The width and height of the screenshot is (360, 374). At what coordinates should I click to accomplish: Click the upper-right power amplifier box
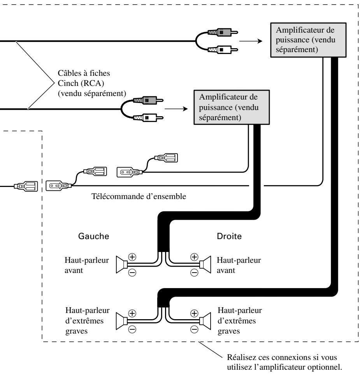(x=308, y=40)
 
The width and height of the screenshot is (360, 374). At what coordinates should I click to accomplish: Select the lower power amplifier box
(x=231, y=107)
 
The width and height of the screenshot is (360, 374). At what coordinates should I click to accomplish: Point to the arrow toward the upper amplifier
(x=251, y=41)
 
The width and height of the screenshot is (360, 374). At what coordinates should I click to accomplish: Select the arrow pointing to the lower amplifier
(x=176, y=109)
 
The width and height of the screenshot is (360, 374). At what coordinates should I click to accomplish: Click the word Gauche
(x=93, y=236)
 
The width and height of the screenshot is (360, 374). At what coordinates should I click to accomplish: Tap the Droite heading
(x=229, y=236)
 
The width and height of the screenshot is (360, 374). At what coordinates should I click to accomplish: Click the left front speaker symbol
(x=121, y=264)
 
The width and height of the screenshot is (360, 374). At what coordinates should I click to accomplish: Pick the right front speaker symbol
(x=205, y=264)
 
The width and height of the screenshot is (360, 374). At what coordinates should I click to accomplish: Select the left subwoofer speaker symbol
(x=121, y=321)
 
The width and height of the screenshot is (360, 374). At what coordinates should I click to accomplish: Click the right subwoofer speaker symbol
(x=205, y=321)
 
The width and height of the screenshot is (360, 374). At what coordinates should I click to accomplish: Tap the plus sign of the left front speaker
(x=132, y=257)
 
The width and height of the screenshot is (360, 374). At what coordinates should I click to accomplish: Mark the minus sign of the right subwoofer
(x=194, y=329)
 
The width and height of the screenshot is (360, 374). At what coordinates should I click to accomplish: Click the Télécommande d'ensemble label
(x=139, y=196)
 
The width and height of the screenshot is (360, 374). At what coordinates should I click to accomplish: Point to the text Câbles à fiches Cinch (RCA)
(x=84, y=78)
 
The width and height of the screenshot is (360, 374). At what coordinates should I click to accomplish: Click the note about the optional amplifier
(x=284, y=362)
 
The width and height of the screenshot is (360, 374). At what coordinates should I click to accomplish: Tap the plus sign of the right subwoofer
(x=194, y=313)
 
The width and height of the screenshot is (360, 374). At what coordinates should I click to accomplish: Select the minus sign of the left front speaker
(x=132, y=273)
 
